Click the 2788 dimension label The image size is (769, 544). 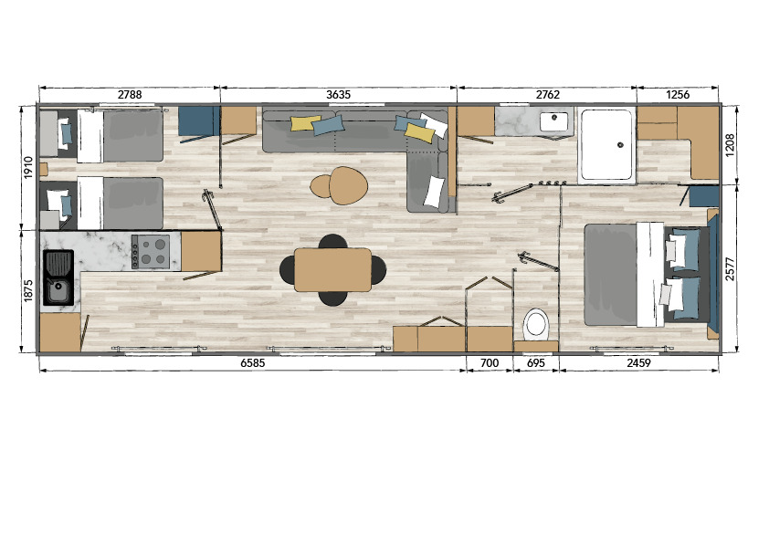coord(130,95)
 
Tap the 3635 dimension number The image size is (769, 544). coord(339,95)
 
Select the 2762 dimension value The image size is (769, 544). coord(547,95)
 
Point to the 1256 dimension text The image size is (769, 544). coord(678,95)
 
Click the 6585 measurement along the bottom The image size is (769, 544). coord(253,362)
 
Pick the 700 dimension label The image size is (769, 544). coord(489,362)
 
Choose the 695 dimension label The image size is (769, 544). coord(535,362)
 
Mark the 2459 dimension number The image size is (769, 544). coord(638,362)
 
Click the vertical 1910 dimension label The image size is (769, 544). coord(28,167)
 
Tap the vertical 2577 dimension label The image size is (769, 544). coord(730,269)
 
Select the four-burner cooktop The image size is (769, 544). coord(151,252)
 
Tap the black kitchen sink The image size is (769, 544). coord(58,277)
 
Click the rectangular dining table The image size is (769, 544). coord(332,269)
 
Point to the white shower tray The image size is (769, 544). coord(606,145)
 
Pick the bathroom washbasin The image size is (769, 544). coord(554,120)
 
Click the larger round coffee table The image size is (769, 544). coord(348,185)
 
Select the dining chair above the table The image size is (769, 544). coord(332,241)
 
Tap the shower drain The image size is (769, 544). coord(620,144)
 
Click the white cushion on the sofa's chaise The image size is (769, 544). coord(435,192)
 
